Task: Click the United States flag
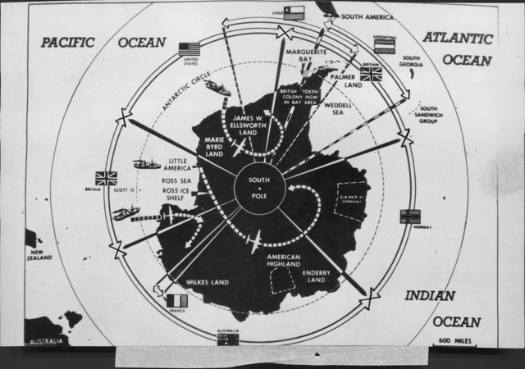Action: click(189, 49)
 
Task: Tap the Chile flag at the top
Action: click(293, 13)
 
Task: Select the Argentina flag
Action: click(385, 45)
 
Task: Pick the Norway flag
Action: click(409, 216)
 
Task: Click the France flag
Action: click(176, 301)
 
